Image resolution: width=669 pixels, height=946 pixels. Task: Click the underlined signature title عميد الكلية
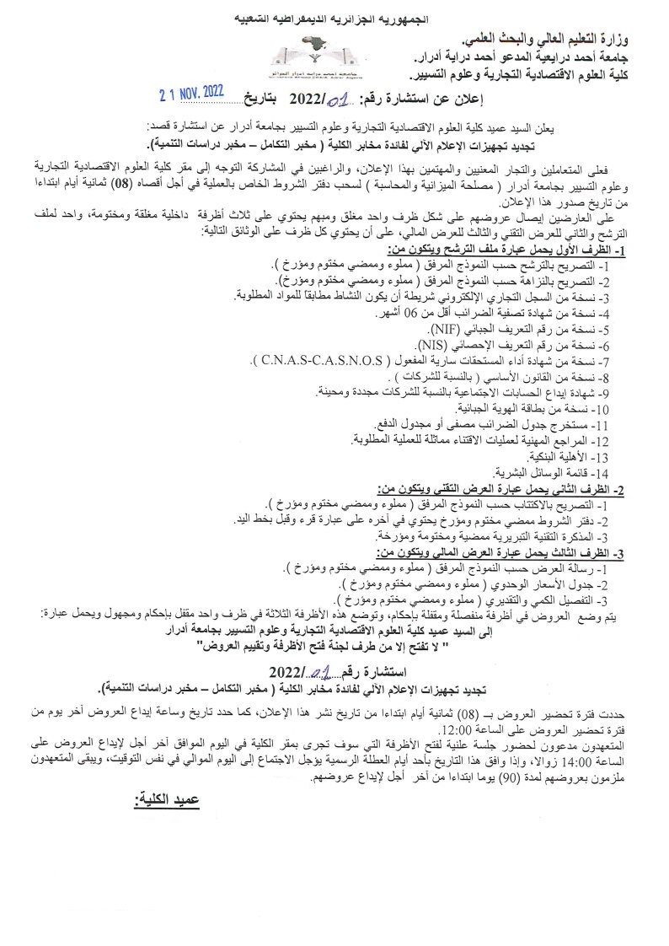tap(166, 796)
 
